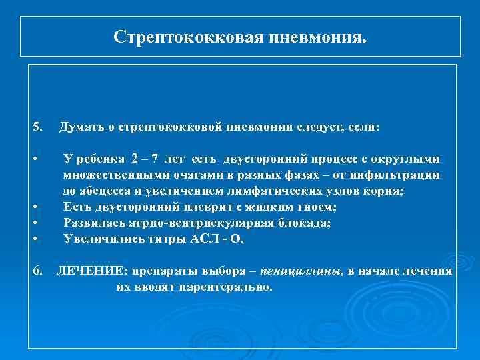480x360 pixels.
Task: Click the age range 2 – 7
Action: pos(145,158)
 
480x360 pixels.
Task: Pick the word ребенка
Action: pos(99,158)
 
